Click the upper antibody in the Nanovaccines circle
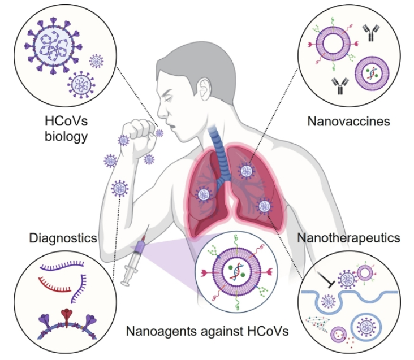[370, 33]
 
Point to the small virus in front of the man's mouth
[159, 133]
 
